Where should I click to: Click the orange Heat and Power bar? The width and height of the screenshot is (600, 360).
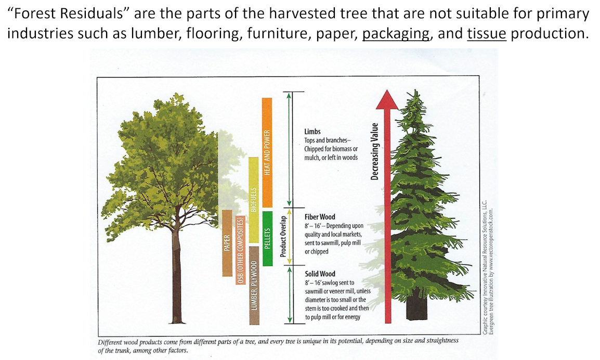(267, 152)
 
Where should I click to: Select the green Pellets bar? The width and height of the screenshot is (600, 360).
(267, 238)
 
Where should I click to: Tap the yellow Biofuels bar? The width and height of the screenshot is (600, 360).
(253, 200)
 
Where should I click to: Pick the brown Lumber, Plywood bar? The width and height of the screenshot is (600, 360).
(254, 285)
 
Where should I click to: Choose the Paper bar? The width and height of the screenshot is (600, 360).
(227, 243)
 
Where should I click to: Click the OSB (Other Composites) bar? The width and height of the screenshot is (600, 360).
(240, 250)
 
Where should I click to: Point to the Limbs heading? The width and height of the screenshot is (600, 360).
(312, 132)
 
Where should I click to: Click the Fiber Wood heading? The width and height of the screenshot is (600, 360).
(320, 217)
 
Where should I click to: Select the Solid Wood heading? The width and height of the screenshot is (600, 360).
(320, 274)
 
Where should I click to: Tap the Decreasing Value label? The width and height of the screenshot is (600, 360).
(374, 151)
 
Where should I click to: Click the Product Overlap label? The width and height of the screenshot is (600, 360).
(283, 236)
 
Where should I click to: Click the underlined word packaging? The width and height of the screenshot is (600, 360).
(396, 34)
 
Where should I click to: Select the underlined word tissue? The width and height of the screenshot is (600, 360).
(487, 34)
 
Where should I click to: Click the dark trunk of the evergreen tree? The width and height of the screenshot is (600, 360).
(416, 308)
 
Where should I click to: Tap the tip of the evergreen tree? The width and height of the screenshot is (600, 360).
(416, 91)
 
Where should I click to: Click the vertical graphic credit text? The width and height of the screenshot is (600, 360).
(488, 267)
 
